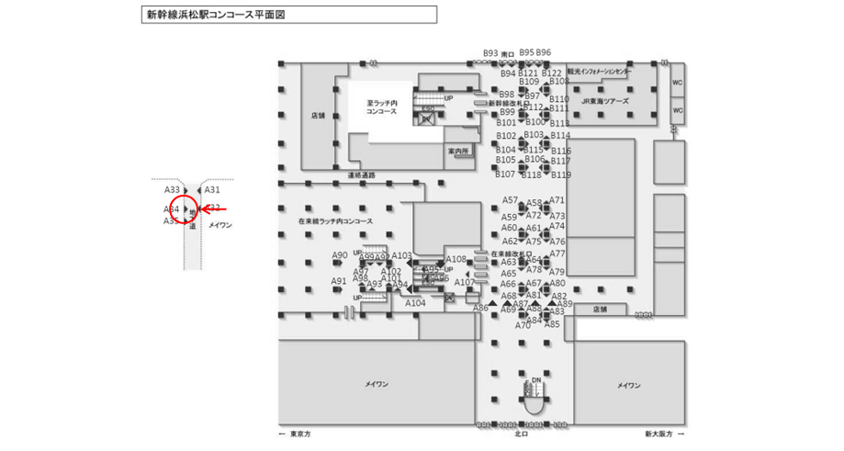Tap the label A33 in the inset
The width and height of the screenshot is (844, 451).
click(x=172, y=190)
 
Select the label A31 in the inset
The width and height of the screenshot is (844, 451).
click(x=212, y=190)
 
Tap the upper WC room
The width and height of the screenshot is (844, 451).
click(x=678, y=82)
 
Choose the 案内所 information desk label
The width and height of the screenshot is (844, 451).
click(x=458, y=150)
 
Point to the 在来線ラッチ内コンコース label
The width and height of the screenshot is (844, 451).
click(x=337, y=221)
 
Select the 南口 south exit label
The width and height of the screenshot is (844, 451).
click(x=507, y=54)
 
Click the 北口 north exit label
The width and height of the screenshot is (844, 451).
click(x=521, y=434)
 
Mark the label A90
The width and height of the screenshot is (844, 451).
click(x=340, y=255)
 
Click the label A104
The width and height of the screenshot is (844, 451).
click(x=415, y=303)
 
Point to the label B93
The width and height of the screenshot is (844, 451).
click(x=490, y=53)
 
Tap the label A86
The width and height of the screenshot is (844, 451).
click(x=480, y=309)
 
